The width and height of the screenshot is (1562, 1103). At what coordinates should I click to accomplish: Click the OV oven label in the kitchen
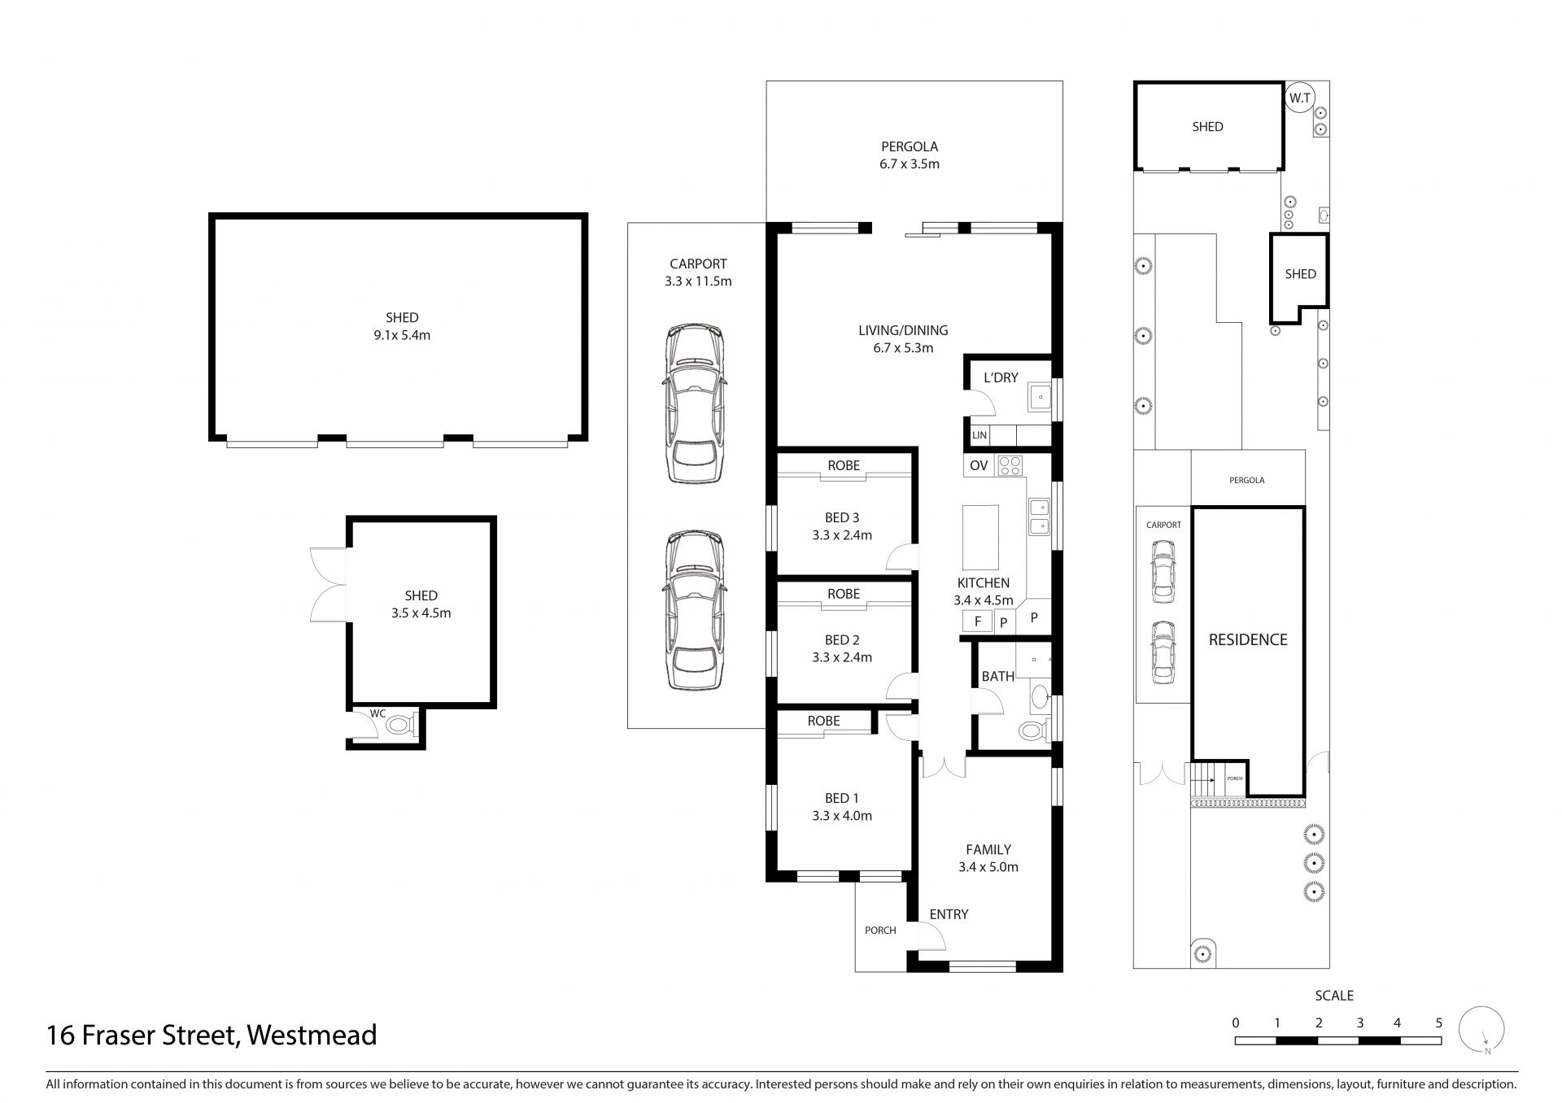(x=979, y=465)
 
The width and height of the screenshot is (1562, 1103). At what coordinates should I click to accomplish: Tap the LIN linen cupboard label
(x=980, y=435)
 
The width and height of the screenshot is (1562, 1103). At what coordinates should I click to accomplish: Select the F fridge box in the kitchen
(x=978, y=621)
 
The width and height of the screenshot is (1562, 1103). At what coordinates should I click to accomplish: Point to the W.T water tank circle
(x=1299, y=98)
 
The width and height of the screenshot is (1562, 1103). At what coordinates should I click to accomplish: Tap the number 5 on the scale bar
(x=1438, y=1022)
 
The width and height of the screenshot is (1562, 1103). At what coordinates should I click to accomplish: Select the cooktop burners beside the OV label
(x=1010, y=465)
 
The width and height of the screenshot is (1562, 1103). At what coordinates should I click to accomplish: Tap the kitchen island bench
(x=980, y=537)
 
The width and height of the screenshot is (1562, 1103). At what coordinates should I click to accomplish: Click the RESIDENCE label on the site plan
(x=1248, y=640)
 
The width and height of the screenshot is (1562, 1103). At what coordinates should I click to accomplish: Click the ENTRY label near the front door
(x=949, y=914)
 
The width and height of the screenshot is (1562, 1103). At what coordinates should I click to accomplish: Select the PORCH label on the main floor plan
(x=880, y=931)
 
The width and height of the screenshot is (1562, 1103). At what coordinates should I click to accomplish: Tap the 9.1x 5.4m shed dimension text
(x=402, y=335)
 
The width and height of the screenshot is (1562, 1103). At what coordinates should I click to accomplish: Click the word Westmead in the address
(x=312, y=1035)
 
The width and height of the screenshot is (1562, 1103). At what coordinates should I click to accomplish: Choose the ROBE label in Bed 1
(x=823, y=721)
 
